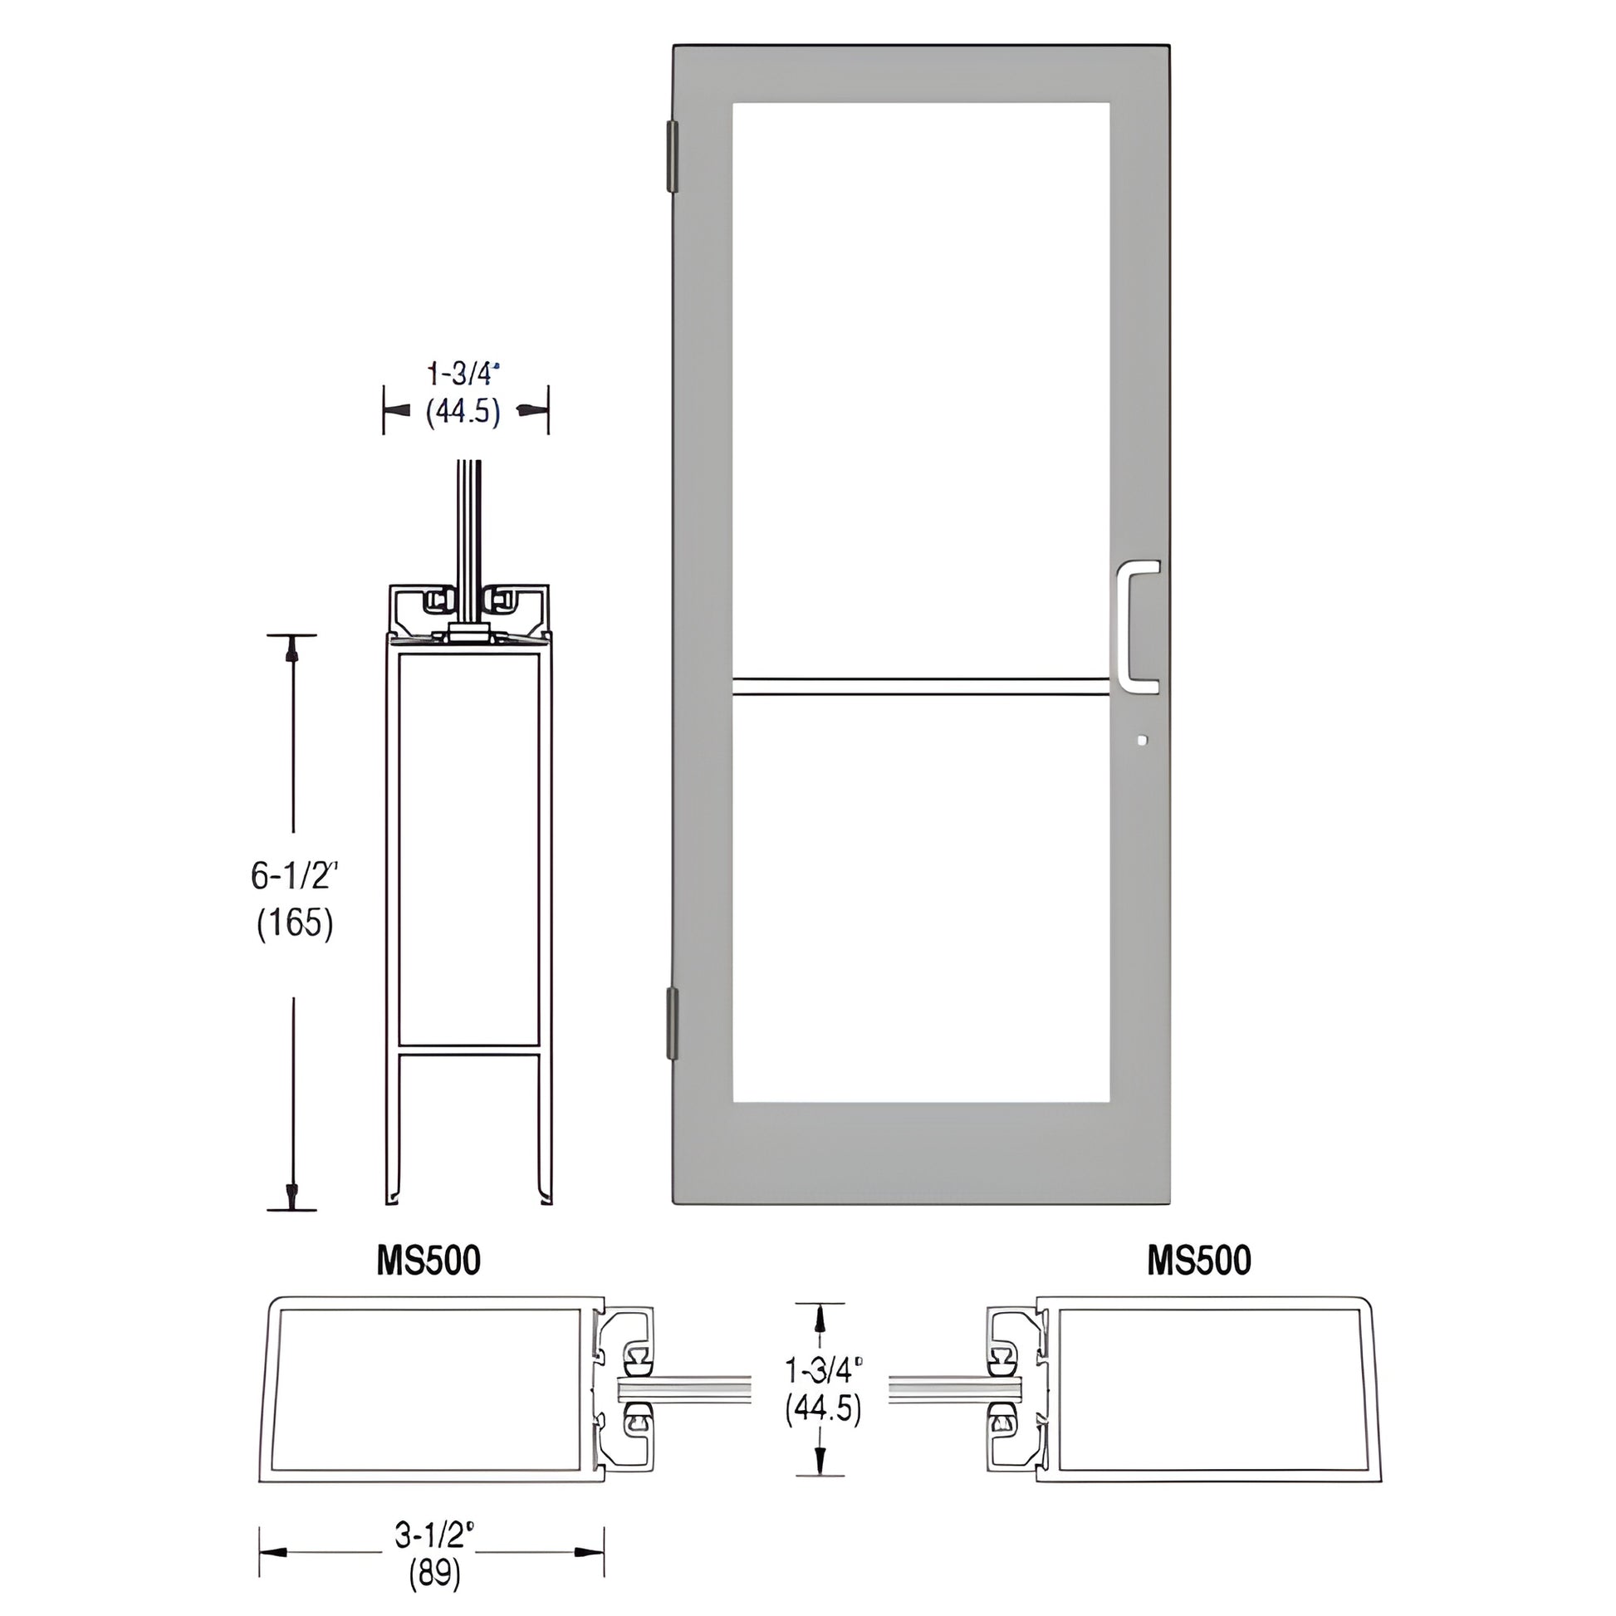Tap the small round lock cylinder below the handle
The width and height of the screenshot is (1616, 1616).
(x=1143, y=740)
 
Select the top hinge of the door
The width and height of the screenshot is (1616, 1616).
(x=672, y=156)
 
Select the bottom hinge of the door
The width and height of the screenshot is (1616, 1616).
(x=672, y=1023)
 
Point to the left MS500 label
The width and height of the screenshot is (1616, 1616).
(x=428, y=1261)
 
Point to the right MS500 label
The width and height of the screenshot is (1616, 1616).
(x=1198, y=1261)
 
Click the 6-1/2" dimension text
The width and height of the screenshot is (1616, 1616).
(x=295, y=876)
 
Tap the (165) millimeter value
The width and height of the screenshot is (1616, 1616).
(x=295, y=923)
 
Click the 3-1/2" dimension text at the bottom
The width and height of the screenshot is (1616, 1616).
(x=434, y=1534)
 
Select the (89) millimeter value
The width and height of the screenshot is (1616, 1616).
(x=434, y=1575)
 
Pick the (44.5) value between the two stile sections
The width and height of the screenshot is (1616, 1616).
(x=822, y=1408)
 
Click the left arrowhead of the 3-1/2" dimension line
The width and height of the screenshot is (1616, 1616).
(x=272, y=1552)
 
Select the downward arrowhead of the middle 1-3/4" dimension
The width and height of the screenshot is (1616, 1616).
(x=820, y=1461)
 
